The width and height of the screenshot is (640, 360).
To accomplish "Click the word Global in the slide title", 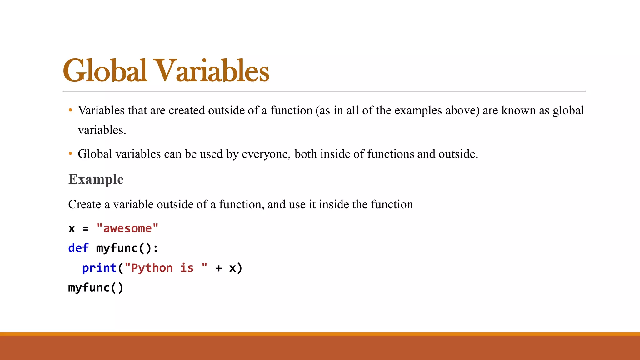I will pos(105,71).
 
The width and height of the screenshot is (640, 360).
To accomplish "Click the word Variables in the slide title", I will pos(212,71).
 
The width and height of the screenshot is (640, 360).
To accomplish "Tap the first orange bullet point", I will pos(71,110).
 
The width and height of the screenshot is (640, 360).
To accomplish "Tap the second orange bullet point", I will pos(71,154).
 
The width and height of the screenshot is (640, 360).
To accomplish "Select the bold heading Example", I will pos(96,179).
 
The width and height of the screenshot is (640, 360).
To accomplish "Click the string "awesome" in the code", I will pos(127,228).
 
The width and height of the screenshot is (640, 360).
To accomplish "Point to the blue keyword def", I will pos(78,248).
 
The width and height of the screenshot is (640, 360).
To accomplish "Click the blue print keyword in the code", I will pos(99,268).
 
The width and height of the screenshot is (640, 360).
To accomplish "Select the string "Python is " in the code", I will pos(166,268).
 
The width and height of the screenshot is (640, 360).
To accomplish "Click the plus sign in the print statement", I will pos(218,268).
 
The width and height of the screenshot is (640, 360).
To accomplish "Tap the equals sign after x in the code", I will pos(86,229).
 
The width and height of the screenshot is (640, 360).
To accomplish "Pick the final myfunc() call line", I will pos(96,287).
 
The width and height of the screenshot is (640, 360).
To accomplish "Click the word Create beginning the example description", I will pos(85,204).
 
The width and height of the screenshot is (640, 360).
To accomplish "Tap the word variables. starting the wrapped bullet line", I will pos(102,130).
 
